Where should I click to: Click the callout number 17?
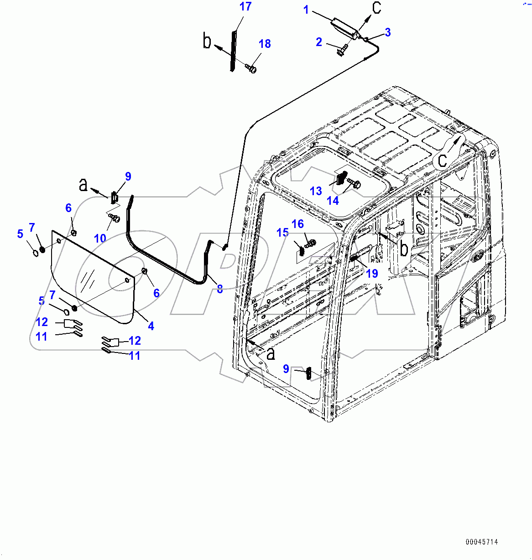pos(245,7)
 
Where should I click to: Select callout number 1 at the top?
pos(306,10)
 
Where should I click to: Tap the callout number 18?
pos(265,44)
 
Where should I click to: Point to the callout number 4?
pos(151,326)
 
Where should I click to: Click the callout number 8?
pos(220,289)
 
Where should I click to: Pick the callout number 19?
pos(372,273)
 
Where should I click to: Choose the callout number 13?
pos(316,191)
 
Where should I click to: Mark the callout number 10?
pos(100,238)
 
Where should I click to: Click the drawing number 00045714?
pos(482,542)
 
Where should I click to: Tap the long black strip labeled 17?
pos(233,50)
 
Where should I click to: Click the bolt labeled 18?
pos(250,68)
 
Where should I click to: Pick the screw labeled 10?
pos(114,219)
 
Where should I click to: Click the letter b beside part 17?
pos(207,42)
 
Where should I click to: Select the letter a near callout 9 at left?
pos(83,185)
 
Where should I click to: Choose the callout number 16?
pos(297,224)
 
